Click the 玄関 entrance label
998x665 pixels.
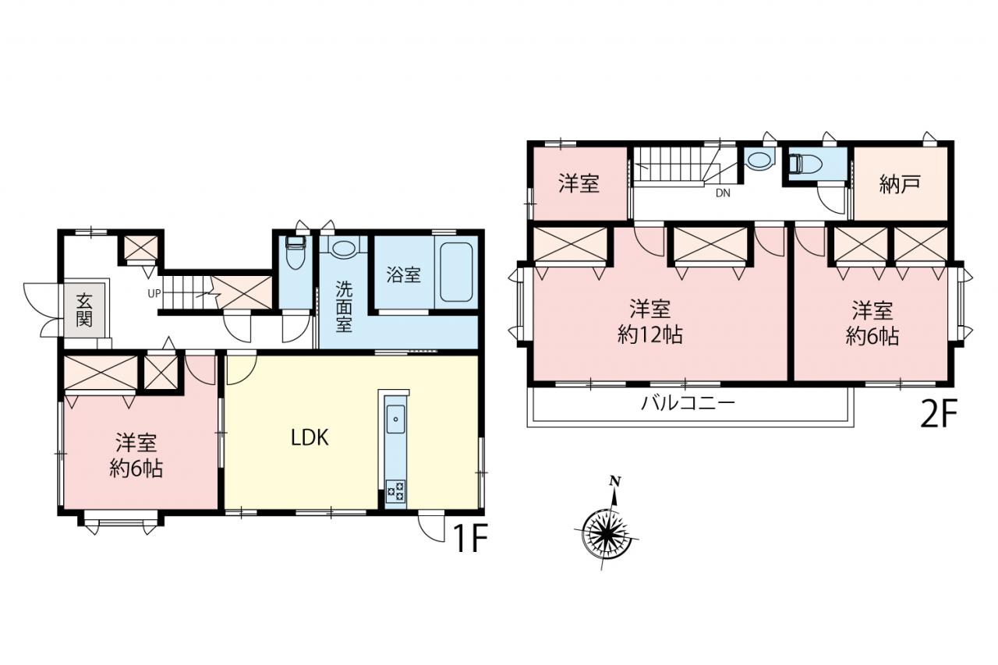pos(84,310)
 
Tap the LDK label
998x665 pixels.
pos(310,438)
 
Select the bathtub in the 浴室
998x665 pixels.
pos(456,272)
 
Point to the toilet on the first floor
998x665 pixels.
pos(294,253)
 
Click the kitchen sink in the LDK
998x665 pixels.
pos(395,419)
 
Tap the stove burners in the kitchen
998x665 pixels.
pos(395,491)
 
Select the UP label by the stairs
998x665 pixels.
pos(154,294)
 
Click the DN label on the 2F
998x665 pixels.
pos(723,193)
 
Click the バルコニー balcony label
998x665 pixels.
pos(688,404)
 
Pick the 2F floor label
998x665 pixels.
pos(939,414)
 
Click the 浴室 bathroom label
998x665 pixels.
pos(403,275)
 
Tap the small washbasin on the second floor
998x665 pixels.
pos(759,161)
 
